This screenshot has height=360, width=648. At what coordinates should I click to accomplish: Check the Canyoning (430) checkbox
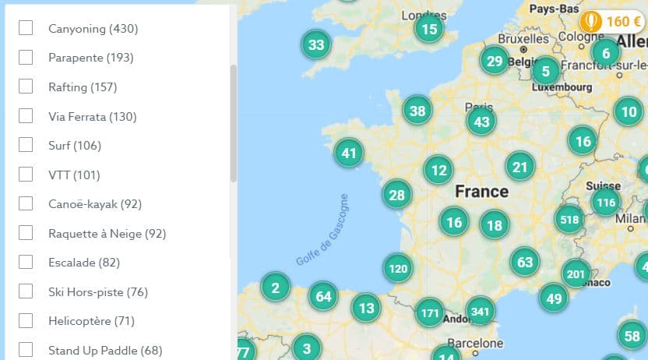26,28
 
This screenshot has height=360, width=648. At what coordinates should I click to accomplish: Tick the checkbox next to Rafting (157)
26,86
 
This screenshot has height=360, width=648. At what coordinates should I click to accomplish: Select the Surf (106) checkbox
26,145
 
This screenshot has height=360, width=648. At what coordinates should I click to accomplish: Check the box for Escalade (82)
26,262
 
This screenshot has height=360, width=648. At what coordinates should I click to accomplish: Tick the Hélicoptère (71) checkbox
26,320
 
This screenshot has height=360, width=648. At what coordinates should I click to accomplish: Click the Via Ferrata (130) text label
92,116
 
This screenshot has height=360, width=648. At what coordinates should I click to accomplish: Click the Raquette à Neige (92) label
107,233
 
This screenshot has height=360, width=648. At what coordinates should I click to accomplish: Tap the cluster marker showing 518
569,220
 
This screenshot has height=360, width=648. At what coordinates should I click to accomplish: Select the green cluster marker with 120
397,269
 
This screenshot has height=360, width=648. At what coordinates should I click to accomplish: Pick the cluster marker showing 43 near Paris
481,122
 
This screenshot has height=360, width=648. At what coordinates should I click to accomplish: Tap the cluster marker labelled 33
315,44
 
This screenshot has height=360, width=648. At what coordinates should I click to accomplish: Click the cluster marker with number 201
576,274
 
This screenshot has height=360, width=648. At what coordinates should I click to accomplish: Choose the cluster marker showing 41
348,153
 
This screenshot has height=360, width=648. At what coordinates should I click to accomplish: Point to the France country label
481,191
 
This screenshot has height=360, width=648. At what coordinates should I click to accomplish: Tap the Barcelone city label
475,343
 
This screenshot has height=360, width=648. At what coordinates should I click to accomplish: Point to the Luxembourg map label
562,87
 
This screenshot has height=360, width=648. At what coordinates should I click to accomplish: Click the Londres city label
424,15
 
